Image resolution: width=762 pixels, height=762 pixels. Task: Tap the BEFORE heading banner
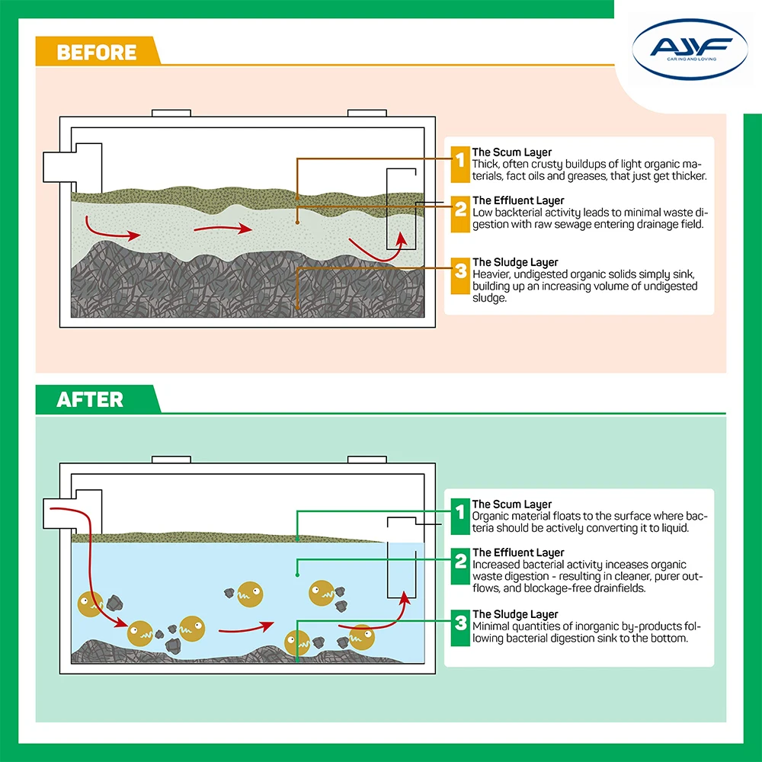96,52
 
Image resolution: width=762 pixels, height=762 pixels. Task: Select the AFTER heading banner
90,399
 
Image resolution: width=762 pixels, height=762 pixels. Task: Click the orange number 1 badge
459,163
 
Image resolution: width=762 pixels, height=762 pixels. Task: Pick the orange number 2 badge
459,209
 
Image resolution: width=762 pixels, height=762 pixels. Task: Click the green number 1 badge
459,516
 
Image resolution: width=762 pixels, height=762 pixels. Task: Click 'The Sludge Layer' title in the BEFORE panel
515,263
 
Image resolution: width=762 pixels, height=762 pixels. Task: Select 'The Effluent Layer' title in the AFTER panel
518,552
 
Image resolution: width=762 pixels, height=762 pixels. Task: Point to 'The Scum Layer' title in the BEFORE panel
511,153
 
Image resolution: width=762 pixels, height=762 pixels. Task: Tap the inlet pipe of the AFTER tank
67,516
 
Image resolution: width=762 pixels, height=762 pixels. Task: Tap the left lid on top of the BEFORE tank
171,113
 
